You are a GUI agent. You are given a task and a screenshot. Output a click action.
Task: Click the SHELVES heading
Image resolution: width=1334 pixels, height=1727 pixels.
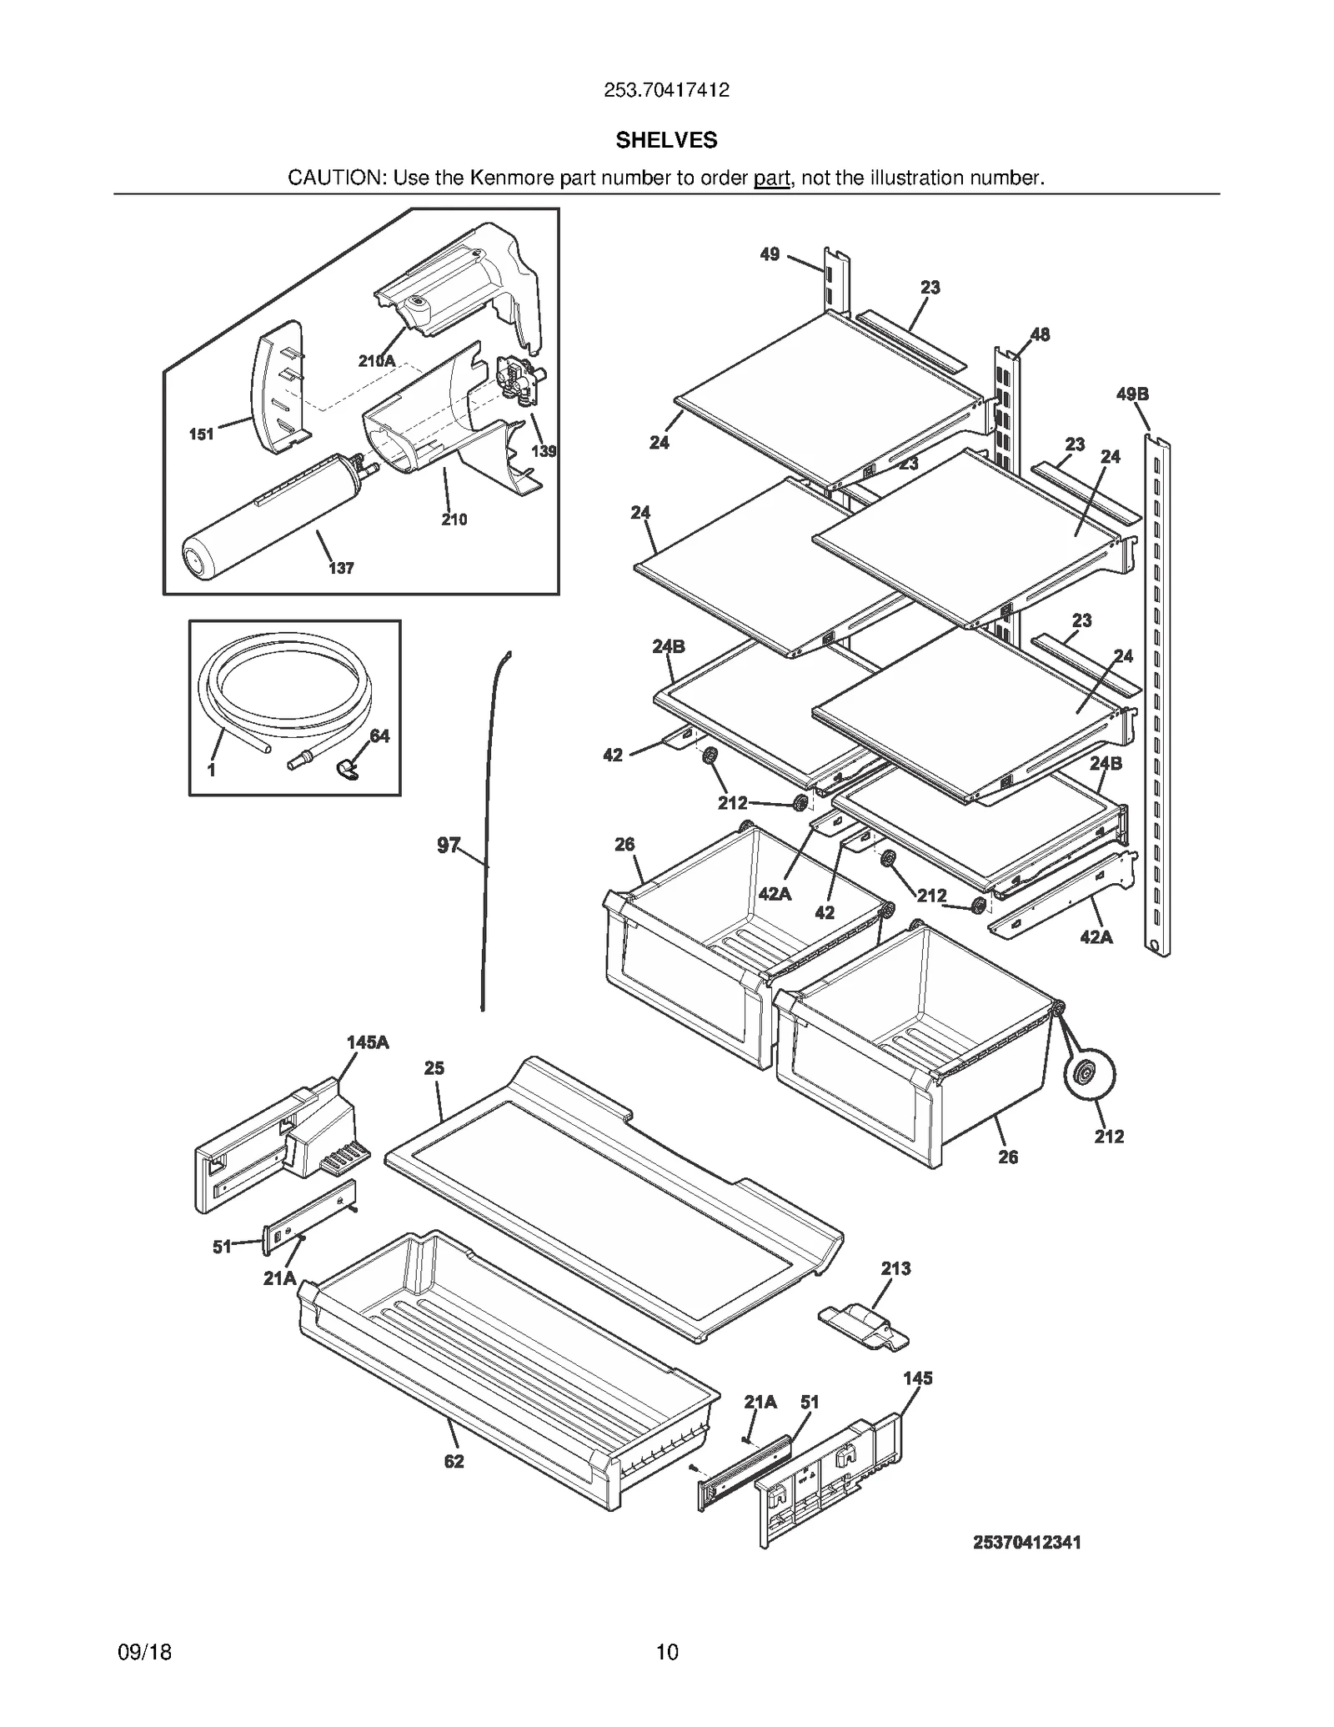tap(666, 140)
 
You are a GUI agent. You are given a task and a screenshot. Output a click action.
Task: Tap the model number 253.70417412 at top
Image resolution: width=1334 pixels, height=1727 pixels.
tap(666, 90)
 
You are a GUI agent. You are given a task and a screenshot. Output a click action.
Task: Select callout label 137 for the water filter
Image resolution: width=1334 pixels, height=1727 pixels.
tap(341, 568)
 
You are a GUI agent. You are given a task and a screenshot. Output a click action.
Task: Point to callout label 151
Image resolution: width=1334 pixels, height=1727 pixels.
tap(201, 434)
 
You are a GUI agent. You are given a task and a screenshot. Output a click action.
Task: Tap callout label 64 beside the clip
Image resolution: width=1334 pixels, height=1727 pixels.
tap(379, 735)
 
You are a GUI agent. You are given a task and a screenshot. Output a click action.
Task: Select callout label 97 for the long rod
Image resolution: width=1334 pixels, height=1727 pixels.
tap(448, 846)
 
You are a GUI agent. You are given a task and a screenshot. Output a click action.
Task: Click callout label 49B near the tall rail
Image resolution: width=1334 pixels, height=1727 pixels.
tap(1132, 394)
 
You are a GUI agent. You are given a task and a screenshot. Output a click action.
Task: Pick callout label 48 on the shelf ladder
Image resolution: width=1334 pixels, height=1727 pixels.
tap(1040, 334)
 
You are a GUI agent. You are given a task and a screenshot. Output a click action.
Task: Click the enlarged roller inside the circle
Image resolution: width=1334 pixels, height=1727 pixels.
tap(1088, 1076)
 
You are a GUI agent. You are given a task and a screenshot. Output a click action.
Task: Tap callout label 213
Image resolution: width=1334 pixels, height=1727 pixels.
tap(895, 1268)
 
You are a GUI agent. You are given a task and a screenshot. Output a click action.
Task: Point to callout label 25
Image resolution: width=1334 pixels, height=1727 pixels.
tap(434, 1067)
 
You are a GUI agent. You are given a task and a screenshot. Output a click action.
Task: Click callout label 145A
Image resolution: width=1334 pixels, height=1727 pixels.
tap(368, 1042)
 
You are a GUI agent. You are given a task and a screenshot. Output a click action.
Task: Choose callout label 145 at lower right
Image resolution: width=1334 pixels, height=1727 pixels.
tap(917, 1378)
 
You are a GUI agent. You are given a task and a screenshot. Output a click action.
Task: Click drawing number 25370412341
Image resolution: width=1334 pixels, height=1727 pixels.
tap(1026, 1543)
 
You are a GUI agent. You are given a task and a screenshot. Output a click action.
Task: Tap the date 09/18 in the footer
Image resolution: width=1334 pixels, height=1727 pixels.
tap(145, 1652)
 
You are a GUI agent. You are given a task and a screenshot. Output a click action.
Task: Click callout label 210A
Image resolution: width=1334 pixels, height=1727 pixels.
tap(377, 361)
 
